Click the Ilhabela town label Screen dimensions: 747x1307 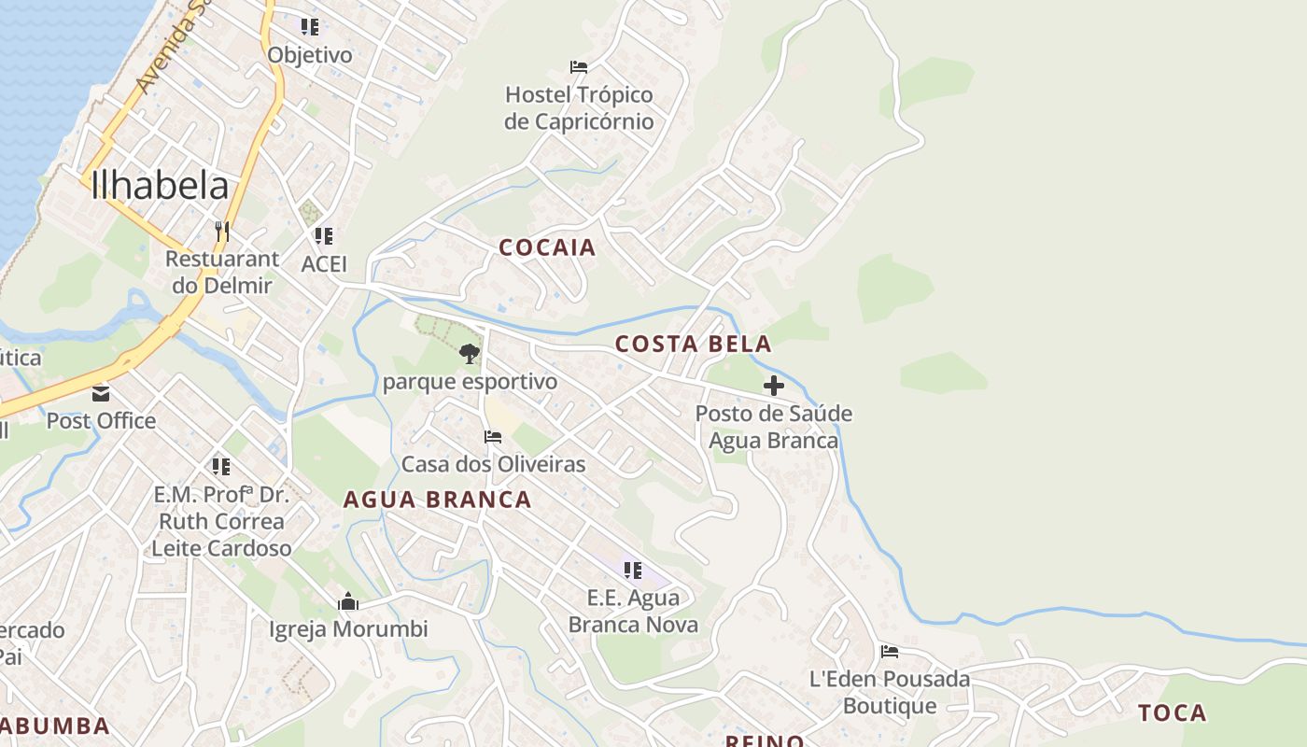tap(160, 186)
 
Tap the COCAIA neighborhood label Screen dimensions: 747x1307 tap(547, 247)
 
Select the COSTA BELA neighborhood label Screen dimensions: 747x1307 tap(693, 344)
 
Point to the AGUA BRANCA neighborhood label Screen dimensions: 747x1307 tap(437, 500)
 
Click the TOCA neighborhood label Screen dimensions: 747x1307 tap(1172, 713)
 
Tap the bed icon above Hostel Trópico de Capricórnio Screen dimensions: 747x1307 tap(579, 67)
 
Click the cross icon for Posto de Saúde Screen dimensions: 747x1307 tap(773, 385)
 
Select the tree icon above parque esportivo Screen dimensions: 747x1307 tap(470, 354)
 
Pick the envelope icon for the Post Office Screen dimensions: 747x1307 tap(101, 394)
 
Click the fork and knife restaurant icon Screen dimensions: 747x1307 tap(222, 231)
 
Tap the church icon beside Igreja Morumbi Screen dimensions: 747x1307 tap(348, 601)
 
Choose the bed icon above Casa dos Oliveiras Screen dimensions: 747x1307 tap(493, 437)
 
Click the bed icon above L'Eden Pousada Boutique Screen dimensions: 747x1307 tap(890, 652)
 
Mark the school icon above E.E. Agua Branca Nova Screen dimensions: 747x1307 tap(633, 570)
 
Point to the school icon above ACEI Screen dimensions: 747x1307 tap(324, 236)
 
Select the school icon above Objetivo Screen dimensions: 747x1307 tap(310, 27)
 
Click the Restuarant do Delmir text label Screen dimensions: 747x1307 tap(222, 272)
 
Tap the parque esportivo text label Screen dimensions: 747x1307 tap(470, 382)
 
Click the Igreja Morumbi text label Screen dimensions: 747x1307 tap(348, 629)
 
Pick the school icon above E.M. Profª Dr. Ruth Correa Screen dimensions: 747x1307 tap(221, 466)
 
